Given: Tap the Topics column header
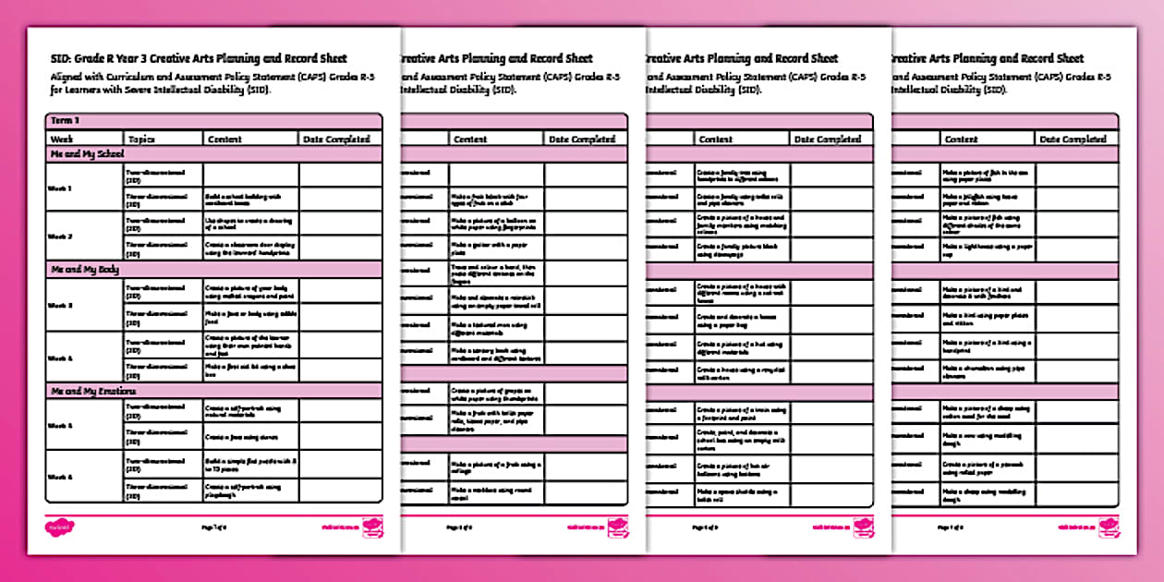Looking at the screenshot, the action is pos(141,139).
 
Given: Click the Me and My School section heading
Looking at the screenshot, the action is pos(86,154).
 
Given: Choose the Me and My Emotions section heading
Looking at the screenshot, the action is pos(91,391).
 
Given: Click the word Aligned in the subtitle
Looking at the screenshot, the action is pos(69,75).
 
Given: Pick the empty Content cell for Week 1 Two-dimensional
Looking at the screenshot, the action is pos(250,176).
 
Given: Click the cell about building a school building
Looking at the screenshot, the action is pos(250,200).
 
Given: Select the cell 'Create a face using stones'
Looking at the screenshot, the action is pos(250,437).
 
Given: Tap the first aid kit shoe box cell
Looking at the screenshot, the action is pos(250,370).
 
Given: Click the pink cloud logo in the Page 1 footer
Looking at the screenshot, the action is pos(59,527).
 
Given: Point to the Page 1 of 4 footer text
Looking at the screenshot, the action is pos(213,527).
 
